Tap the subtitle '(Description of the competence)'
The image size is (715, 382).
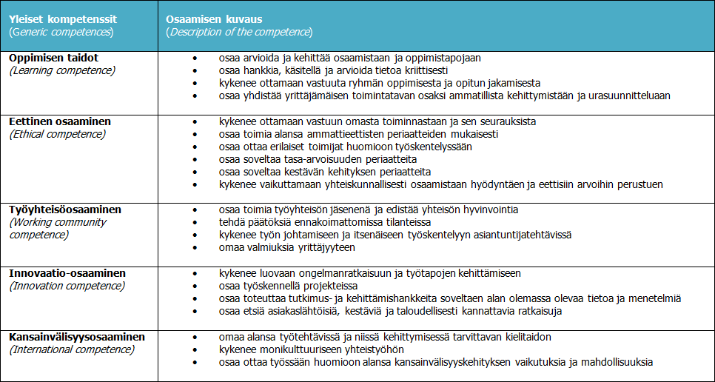pyautogui.click(x=239, y=32)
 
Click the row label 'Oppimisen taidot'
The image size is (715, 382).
pyautogui.click(x=54, y=58)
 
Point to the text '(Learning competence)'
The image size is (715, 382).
pyautogui.click(x=62, y=70)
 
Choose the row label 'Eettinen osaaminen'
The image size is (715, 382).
pyautogui.click(x=61, y=121)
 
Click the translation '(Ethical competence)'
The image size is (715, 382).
pyautogui.click(x=57, y=134)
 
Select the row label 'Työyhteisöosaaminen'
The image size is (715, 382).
pyautogui.click(x=65, y=210)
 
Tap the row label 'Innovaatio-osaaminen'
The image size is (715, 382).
pyautogui.click(x=67, y=273)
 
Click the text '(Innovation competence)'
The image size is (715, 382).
pyautogui.click(x=67, y=286)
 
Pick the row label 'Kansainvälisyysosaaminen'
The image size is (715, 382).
pyautogui.click(x=77, y=337)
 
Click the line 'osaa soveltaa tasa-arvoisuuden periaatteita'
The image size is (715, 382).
pyautogui.click(x=318, y=159)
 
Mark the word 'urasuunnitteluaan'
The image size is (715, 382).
pyautogui.click(x=629, y=95)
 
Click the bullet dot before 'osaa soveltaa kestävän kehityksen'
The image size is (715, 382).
pyautogui.click(x=195, y=172)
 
